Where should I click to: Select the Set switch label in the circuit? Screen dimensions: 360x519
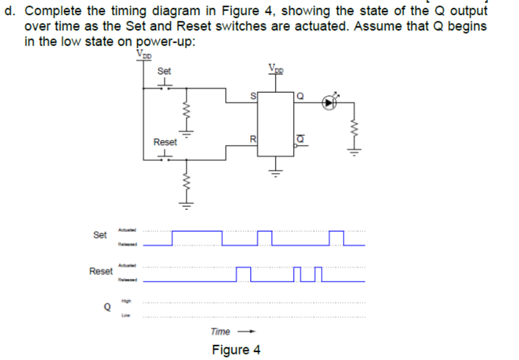(x=164, y=71)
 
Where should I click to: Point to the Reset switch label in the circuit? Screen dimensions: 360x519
(x=165, y=142)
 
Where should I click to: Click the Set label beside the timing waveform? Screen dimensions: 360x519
(x=100, y=235)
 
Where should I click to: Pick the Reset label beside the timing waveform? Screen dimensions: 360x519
(x=101, y=271)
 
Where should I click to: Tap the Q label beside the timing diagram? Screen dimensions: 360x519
(x=107, y=308)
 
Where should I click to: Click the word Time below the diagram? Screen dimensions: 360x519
(x=220, y=331)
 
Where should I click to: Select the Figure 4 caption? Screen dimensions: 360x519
(x=236, y=350)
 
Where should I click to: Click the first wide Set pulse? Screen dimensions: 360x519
(x=197, y=232)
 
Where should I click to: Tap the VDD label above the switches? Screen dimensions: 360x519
(x=144, y=54)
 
